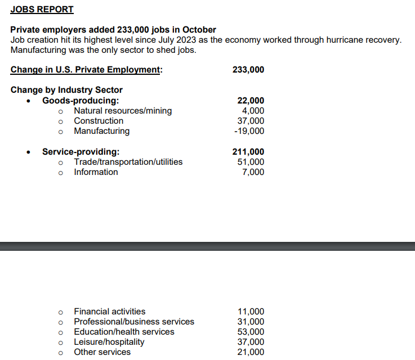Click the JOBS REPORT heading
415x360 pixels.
(x=42, y=10)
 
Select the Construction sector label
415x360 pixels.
(x=99, y=121)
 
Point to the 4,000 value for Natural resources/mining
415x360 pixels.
(x=252, y=111)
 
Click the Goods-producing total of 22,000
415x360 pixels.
(x=251, y=101)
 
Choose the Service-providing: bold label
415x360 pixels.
(x=81, y=152)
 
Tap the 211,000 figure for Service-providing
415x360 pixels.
(x=248, y=152)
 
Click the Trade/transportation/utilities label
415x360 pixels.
(x=128, y=162)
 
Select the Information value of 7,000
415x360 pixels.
(x=253, y=172)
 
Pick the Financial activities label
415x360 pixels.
(x=110, y=312)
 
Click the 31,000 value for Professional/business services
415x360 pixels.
(x=251, y=322)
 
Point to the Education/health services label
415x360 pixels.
(x=124, y=332)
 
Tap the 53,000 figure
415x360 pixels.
(x=251, y=332)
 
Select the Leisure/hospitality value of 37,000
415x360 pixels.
(x=251, y=342)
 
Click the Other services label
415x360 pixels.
(x=102, y=352)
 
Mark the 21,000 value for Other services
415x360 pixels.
(x=251, y=352)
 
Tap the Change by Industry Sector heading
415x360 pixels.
(x=66, y=90)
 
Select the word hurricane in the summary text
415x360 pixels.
(x=340, y=40)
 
